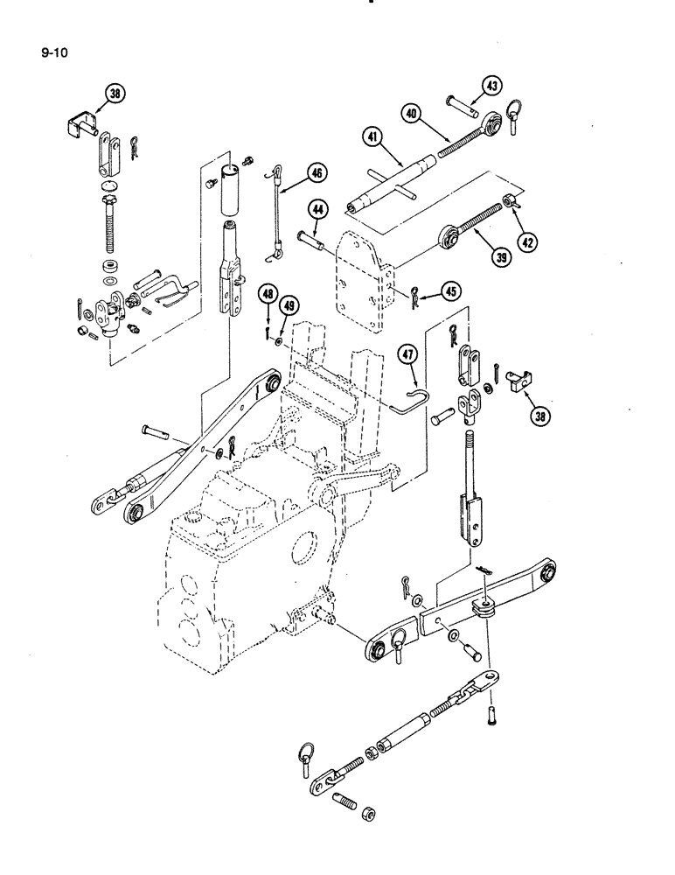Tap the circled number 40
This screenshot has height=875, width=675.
point(413,113)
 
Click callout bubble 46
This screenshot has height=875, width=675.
point(315,173)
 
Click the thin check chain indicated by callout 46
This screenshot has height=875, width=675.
point(276,214)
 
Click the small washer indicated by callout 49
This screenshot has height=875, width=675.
point(278,338)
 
